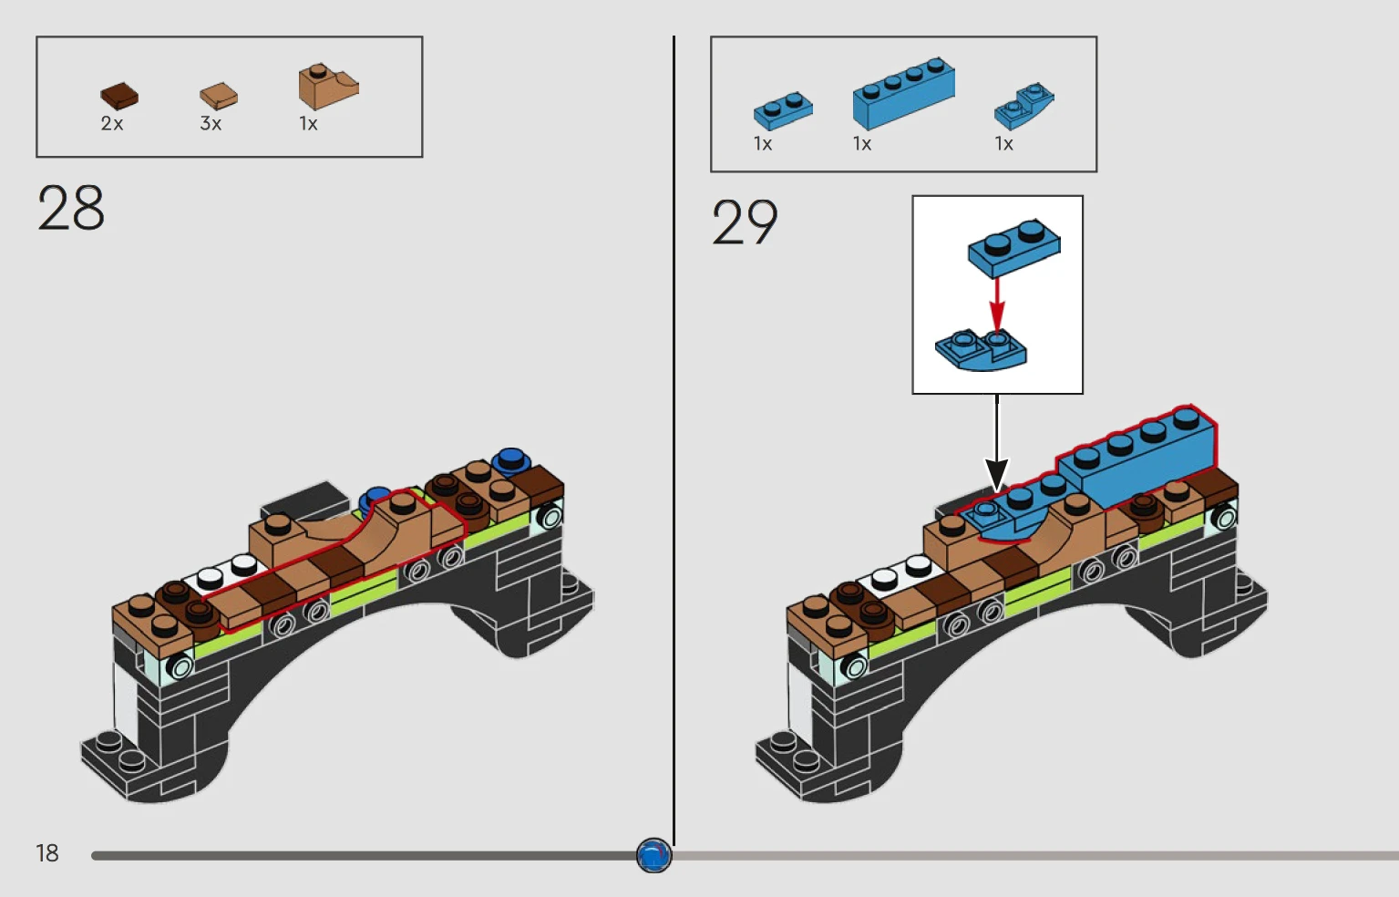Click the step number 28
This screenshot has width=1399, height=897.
click(x=71, y=209)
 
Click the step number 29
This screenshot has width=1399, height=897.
click(x=745, y=222)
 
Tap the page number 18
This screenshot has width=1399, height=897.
click(x=47, y=853)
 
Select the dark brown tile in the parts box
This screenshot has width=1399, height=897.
click(x=118, y=95)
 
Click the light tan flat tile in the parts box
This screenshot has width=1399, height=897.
click(x=219, y=95)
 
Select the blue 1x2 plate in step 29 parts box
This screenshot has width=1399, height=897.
click(x=783, y=110)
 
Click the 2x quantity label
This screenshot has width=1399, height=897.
click(x=112, y=124)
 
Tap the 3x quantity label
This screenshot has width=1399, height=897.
click(x=211, y=124)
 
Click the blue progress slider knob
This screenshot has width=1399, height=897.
click(x=653, y=856)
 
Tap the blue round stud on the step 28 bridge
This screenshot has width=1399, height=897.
click(x=510, y=459)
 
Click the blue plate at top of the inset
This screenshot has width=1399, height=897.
click(x=1013, y=245)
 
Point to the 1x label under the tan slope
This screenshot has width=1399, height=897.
click(x=309, y=124)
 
